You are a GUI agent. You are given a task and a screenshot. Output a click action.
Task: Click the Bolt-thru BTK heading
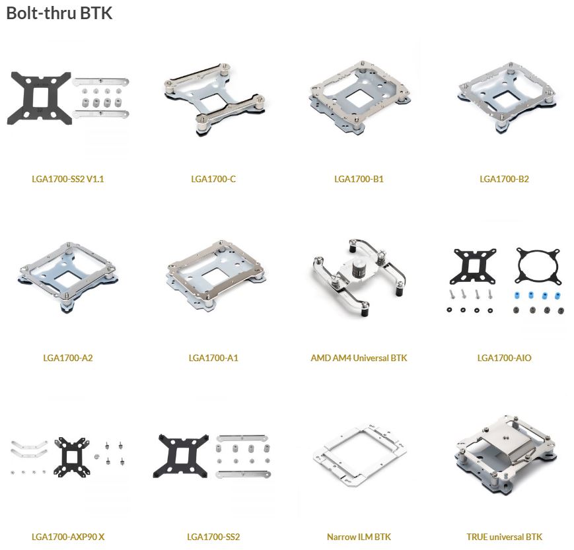coord(59,13)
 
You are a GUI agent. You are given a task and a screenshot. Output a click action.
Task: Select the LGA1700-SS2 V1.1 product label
coord(68,179)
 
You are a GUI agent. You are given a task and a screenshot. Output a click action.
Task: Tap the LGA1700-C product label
coord(213,179)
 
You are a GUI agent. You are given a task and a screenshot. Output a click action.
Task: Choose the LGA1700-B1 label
coord(359,179)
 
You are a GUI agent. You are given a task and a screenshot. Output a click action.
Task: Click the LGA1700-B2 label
coord(504,179)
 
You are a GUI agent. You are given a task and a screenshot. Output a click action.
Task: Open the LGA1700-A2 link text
coord(68,358)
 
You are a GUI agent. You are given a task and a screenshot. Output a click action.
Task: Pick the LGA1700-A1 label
coord(213,358)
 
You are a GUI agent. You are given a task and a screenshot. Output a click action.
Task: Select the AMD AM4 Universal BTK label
coord(359,358)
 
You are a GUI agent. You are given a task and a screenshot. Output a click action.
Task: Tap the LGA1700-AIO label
coord(504,358)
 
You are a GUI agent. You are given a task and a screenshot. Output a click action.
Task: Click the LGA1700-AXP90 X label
coord(68,537)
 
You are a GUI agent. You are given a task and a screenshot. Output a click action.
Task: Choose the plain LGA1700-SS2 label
coord(213,537)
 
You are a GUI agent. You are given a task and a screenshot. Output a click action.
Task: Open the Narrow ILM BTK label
coord(359,537)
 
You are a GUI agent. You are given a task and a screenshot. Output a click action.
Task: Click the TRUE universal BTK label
coord(504,537)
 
